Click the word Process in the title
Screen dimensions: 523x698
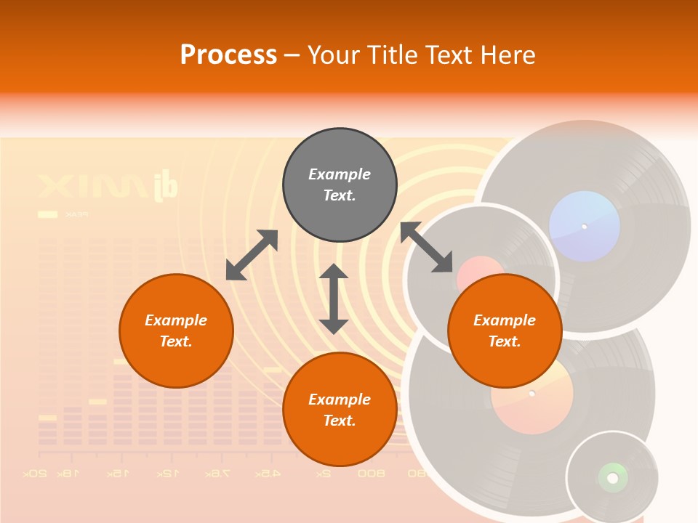228,55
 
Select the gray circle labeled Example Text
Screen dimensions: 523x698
340,185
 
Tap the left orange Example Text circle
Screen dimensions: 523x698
176,331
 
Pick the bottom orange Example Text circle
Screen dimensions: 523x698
340,410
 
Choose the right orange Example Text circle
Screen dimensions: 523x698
504,331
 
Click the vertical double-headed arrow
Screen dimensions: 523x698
334,299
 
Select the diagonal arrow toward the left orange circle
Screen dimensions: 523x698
252,255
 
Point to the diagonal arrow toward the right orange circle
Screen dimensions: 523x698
427,247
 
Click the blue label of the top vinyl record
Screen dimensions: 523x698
585,227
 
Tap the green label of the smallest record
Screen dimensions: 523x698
612,477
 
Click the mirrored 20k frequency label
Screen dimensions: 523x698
35,474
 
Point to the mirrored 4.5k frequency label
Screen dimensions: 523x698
267,474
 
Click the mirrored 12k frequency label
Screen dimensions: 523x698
167,474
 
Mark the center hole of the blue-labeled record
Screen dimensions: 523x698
584,227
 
